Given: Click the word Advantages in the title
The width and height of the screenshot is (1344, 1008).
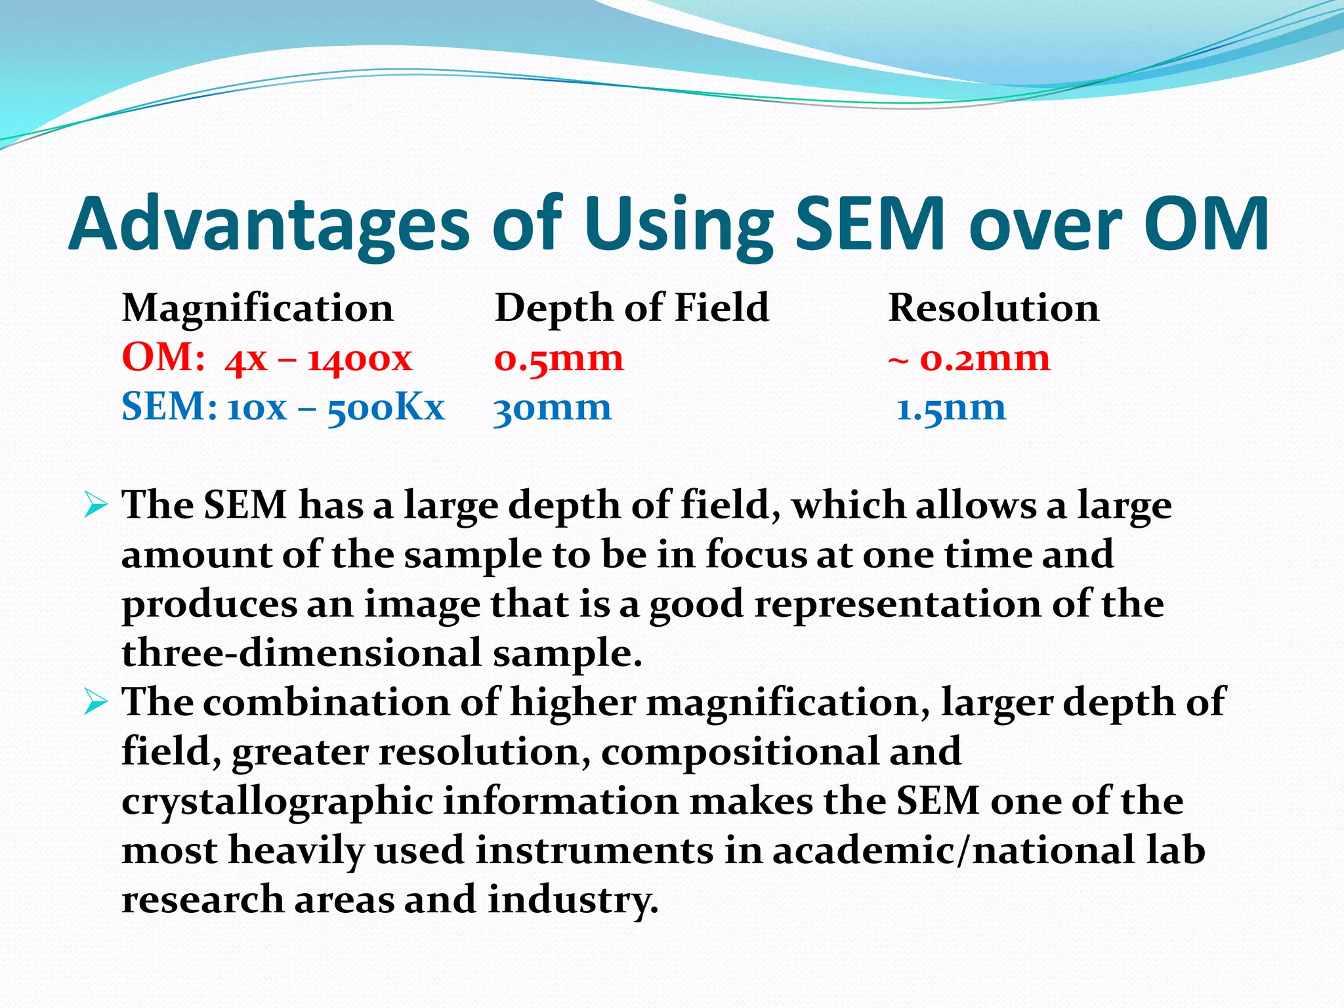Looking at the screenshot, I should (x=269, y=224).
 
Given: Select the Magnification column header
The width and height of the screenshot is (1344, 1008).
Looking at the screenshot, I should (x=257, y=308).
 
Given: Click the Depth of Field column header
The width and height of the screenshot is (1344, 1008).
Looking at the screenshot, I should (x=631, y=308).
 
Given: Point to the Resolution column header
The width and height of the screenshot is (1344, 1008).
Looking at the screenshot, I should (x=994, y=308).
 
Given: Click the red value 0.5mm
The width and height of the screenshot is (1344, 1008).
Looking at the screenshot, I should (x=558, y=359).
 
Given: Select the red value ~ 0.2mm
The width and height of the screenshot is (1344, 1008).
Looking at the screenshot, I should (x=969, y=359).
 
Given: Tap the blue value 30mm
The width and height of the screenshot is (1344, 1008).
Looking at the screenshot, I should (x=552, y=408).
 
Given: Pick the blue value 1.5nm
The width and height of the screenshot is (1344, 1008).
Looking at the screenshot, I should (x=951, y=408).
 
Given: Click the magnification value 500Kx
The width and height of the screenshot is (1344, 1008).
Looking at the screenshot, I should (x=386, y=408).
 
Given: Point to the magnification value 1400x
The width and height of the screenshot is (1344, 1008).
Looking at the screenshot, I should (x=360, y=359).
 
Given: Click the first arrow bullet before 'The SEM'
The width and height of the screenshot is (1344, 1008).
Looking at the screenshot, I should (x=96, y=506).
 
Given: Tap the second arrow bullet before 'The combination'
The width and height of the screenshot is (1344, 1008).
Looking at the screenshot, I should (x=96, y=703).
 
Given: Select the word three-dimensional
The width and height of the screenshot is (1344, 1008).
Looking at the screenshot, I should (x=302, y=653).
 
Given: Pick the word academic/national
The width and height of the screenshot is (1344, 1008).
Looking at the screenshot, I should (x=952, y=850).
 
